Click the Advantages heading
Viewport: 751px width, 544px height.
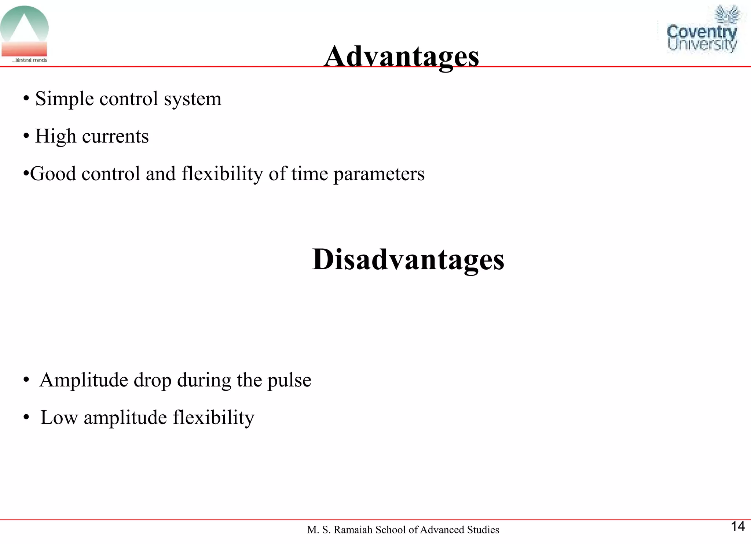402,57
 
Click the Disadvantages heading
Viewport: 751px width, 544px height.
408,259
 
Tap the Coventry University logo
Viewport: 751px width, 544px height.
701,31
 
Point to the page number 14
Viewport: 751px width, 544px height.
738,526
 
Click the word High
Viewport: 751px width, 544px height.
55,137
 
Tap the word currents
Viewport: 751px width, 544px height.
116,137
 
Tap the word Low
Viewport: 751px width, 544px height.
59,418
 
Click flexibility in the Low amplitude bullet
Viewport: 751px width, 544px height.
213,418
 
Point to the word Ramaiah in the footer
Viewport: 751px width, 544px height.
353,530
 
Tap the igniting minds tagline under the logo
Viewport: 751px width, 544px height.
30,60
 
